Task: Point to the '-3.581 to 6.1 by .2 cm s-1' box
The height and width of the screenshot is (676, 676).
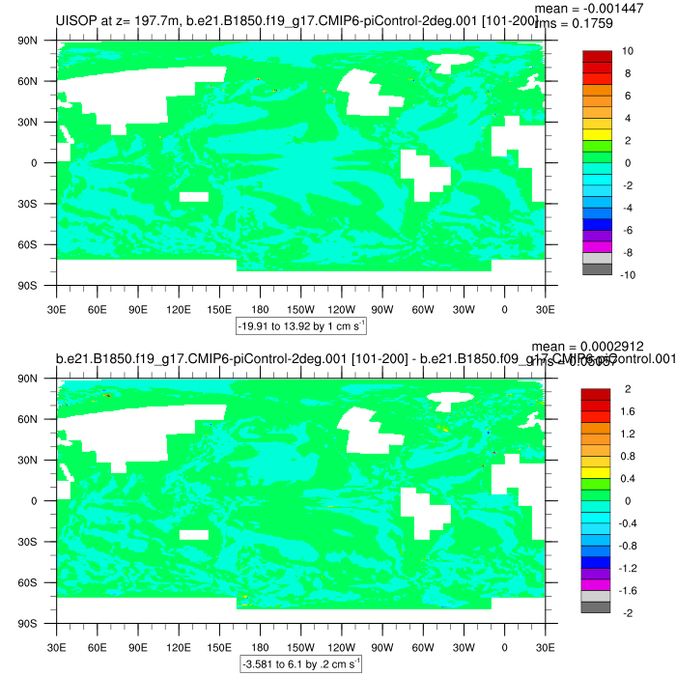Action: [x=300, y=664]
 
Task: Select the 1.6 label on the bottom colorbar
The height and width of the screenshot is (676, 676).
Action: [x=629, y=411]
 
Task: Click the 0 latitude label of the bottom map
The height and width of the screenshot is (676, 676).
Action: [x=33, y=501]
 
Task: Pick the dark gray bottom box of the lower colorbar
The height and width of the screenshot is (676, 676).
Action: [x=597, y=606]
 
